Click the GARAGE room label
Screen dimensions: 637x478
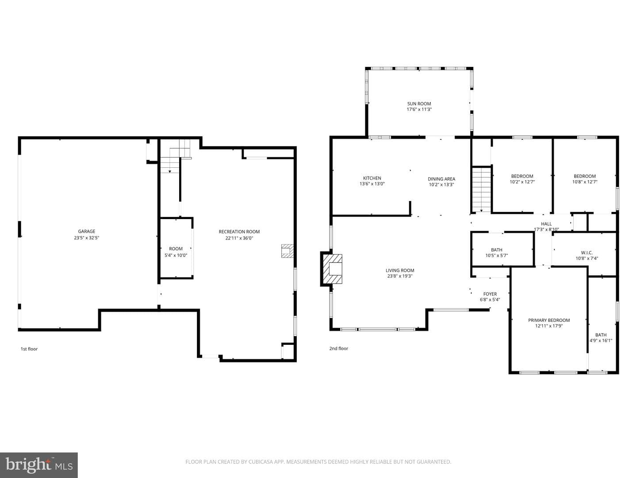click(86, 231)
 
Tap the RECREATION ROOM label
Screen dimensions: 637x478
click(239, 231)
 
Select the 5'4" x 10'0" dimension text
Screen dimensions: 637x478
click(176, 255)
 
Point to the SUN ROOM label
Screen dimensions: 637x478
click(419, 104)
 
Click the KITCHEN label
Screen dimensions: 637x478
click(372, 178)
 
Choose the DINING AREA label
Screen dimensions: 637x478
click(441, 179)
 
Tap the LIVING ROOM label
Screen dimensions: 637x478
click(400, 270)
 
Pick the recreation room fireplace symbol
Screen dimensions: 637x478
click(287, 251)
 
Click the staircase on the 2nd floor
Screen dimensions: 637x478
click(481, 189)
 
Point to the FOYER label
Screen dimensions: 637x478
click(490, 294)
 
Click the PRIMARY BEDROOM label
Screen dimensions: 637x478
click(549, 320)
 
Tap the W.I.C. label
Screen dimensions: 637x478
click(587, 253)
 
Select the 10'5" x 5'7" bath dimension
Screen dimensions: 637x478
click(496, 255)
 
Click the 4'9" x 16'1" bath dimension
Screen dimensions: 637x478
click(601, 340)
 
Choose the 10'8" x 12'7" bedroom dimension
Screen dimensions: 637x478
click(585, 182)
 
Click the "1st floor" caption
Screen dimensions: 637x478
click(29, 349)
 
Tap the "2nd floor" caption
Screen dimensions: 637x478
click(339, 348)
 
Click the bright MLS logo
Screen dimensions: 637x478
click(39, 465)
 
